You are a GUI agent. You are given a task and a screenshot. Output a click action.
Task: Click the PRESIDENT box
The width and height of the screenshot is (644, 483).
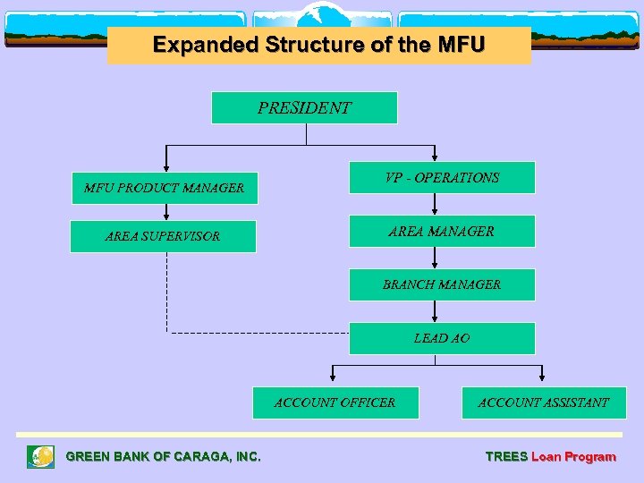point(304,107)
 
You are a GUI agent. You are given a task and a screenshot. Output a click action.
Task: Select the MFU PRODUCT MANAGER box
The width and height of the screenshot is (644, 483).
point(165,188)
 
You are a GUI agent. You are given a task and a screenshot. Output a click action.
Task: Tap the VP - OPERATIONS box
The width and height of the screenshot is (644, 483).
point(442,178)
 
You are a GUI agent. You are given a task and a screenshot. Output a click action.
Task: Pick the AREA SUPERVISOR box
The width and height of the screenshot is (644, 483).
point(163,236)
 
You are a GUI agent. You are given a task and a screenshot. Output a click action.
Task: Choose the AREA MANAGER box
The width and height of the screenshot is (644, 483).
point(442,232)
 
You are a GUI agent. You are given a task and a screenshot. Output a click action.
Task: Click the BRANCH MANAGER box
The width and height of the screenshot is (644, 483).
point(442,284)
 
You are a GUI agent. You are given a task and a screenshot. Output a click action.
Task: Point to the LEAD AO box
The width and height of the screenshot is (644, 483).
point(442,338)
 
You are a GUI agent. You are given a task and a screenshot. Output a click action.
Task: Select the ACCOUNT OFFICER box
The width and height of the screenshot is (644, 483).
point(335,402)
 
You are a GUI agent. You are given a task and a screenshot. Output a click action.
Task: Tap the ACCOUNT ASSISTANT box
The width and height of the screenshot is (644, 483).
point(544,402)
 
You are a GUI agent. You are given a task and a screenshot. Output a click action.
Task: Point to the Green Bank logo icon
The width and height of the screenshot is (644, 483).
point(40,457)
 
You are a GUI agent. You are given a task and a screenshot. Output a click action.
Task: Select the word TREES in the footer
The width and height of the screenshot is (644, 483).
point(506,456)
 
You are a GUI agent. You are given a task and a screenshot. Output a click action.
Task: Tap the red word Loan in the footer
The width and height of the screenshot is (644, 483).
point(546,456)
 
